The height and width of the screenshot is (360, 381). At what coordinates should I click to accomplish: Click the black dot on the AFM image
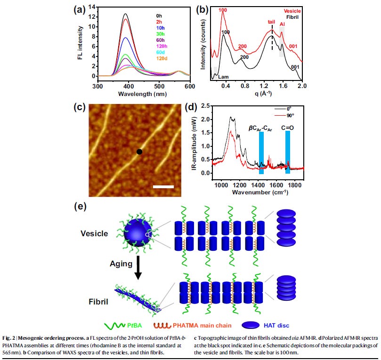click(x=139, y=152)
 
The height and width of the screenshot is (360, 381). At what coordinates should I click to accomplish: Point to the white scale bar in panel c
click(x=163, y=187)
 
